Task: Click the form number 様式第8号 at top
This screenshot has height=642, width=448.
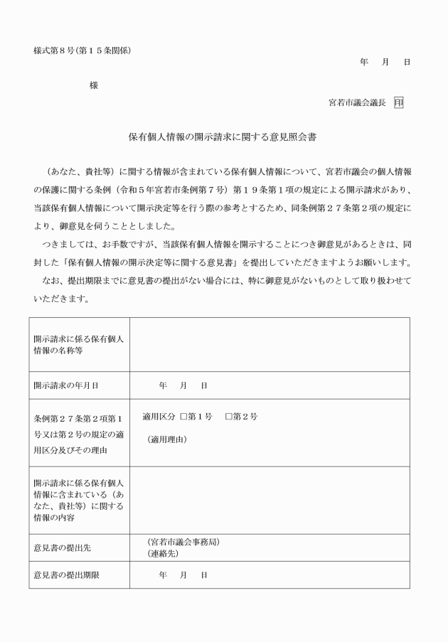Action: [53, 50]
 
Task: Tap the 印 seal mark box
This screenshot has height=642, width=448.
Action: [399, 102]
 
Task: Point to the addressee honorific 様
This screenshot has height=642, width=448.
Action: [93, 85]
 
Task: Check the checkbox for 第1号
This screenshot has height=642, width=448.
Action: [183, 416]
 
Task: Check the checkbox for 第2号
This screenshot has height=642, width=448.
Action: [228, 416]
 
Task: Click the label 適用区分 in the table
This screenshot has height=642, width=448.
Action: [158, 416]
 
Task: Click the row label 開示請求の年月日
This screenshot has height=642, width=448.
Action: [65, 385]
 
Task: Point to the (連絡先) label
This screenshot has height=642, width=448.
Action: [163, 553]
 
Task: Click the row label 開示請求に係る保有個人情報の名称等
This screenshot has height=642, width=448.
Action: [78, 344]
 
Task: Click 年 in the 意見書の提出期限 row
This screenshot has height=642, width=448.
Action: [163, 574]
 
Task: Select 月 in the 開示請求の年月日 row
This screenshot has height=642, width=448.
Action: [183, 385]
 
